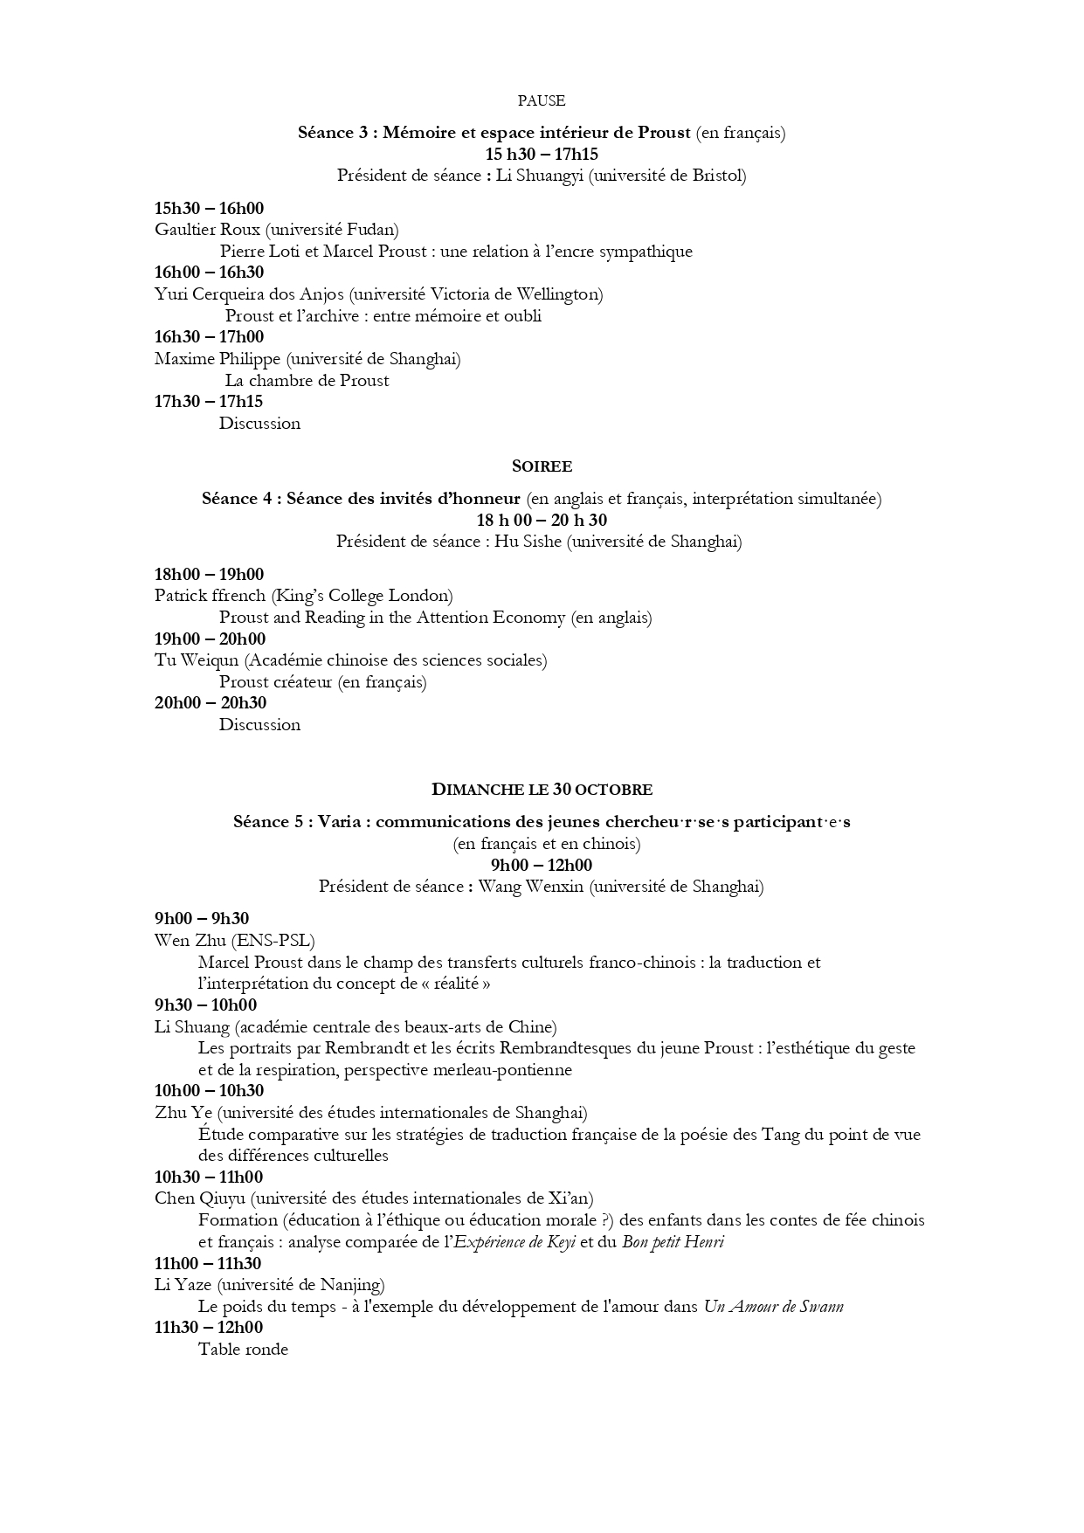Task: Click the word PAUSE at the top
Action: click(542, 100)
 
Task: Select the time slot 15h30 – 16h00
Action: click(209, 208)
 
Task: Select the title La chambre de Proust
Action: click(307, 380)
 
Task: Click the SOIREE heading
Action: click(542, 466)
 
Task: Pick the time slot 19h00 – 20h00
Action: click(210, 639)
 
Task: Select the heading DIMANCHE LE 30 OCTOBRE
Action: click(542, 790)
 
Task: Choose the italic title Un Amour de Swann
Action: click(773, 1307)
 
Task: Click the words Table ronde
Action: click(243, 1350)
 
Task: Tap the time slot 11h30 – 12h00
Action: click(208, 1328)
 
